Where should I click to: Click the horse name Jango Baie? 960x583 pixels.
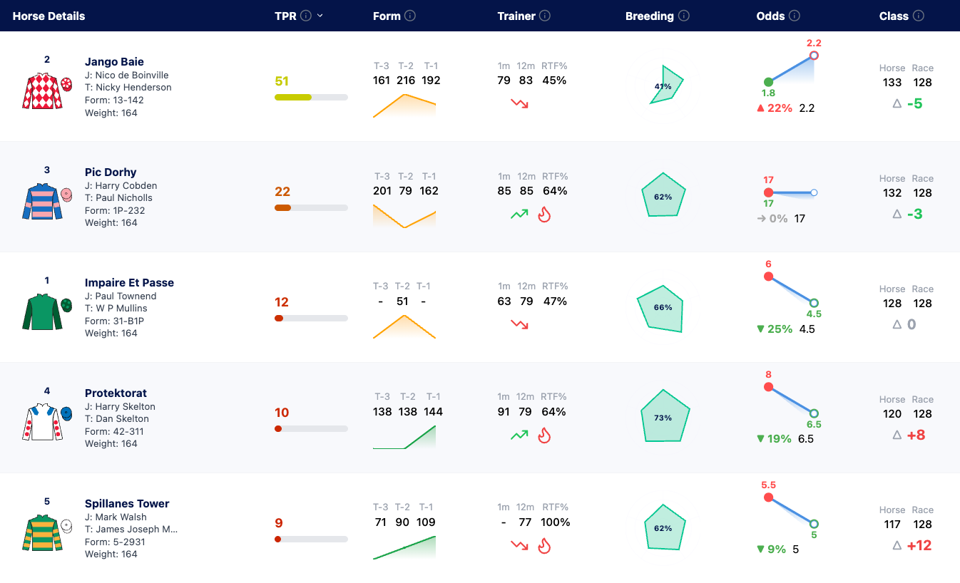pos(114,62)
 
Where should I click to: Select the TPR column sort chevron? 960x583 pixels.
pos(320,16)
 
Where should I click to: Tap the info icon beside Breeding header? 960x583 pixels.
pos(684,16)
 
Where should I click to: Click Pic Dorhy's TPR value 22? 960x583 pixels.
pos(282,192)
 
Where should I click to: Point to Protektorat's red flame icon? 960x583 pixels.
pos(544,435)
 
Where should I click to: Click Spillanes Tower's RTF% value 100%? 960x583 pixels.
pos(556,522)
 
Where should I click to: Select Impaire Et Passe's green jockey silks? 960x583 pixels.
pos(42,311)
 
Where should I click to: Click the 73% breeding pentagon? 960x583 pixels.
pos(663,416)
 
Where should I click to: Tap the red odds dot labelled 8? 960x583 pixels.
pos(768,387)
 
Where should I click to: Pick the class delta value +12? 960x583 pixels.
pos(919,545)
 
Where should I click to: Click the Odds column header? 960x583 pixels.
pos(770,16)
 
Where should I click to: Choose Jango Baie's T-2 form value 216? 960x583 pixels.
pos(405,80)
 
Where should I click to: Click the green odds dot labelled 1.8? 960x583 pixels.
pos(768,82)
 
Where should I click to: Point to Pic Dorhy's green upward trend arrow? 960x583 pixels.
pos(519,215)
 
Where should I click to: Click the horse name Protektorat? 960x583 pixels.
pos(116,393)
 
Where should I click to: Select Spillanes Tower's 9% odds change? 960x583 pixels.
pos(772,550)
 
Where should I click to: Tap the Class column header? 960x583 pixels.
pos(894,16)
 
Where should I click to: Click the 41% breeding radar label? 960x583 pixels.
pos(663,86)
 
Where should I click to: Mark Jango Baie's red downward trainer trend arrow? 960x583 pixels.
pos(519,103)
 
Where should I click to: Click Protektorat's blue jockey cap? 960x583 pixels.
pos(66,413)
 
